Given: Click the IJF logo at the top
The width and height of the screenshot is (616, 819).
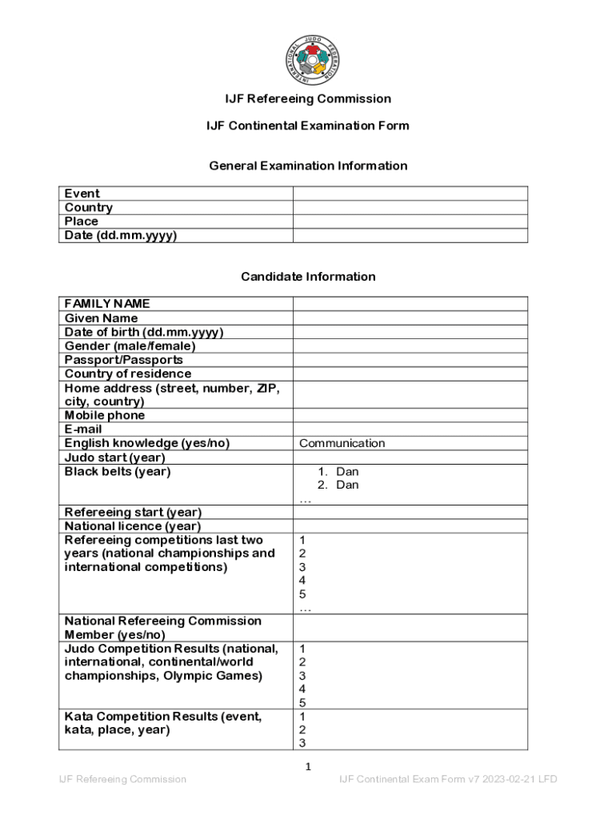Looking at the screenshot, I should click(x=308, y=58).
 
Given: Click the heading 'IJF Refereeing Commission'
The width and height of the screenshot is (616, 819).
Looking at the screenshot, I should click(x=308, y=99).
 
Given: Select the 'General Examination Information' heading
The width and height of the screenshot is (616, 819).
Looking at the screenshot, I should click(x=308, y=166).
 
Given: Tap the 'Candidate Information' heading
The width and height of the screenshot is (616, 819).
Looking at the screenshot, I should click(x=308, y=277).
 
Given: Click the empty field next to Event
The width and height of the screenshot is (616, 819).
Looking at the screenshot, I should click(x=410, y=194).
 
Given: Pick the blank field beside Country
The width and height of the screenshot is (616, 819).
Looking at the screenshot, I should click(x=410, y=208).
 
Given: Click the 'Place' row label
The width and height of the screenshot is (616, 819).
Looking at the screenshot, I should click(x=82, y=222).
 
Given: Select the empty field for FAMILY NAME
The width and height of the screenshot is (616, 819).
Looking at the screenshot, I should click(x=410, y=304).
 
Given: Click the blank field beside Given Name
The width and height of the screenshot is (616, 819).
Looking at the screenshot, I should click(x=410, y=318).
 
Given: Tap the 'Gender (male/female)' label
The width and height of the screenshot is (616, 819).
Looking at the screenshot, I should click(x=130, y=346).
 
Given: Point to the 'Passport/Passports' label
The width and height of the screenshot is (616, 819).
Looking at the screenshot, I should click(x=123, y=360).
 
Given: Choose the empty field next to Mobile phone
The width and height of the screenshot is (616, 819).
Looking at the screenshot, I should click(x=410, y=416).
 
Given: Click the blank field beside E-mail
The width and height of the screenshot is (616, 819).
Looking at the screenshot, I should click(x=410, y=429).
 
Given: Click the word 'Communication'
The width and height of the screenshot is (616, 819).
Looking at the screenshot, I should click(x=342, y=444).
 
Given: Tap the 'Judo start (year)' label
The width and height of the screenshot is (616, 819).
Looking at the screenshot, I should click(x=114, y=457).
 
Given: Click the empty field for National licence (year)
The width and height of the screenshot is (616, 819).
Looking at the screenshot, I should click(x=410, y=526).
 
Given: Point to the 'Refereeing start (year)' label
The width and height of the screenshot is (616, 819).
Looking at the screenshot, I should click(x=133, y=512).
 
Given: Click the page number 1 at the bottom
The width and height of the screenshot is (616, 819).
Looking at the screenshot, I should click(x=308, y=767).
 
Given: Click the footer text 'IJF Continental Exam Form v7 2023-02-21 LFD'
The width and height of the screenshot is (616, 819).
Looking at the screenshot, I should click(x=448, y=779).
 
